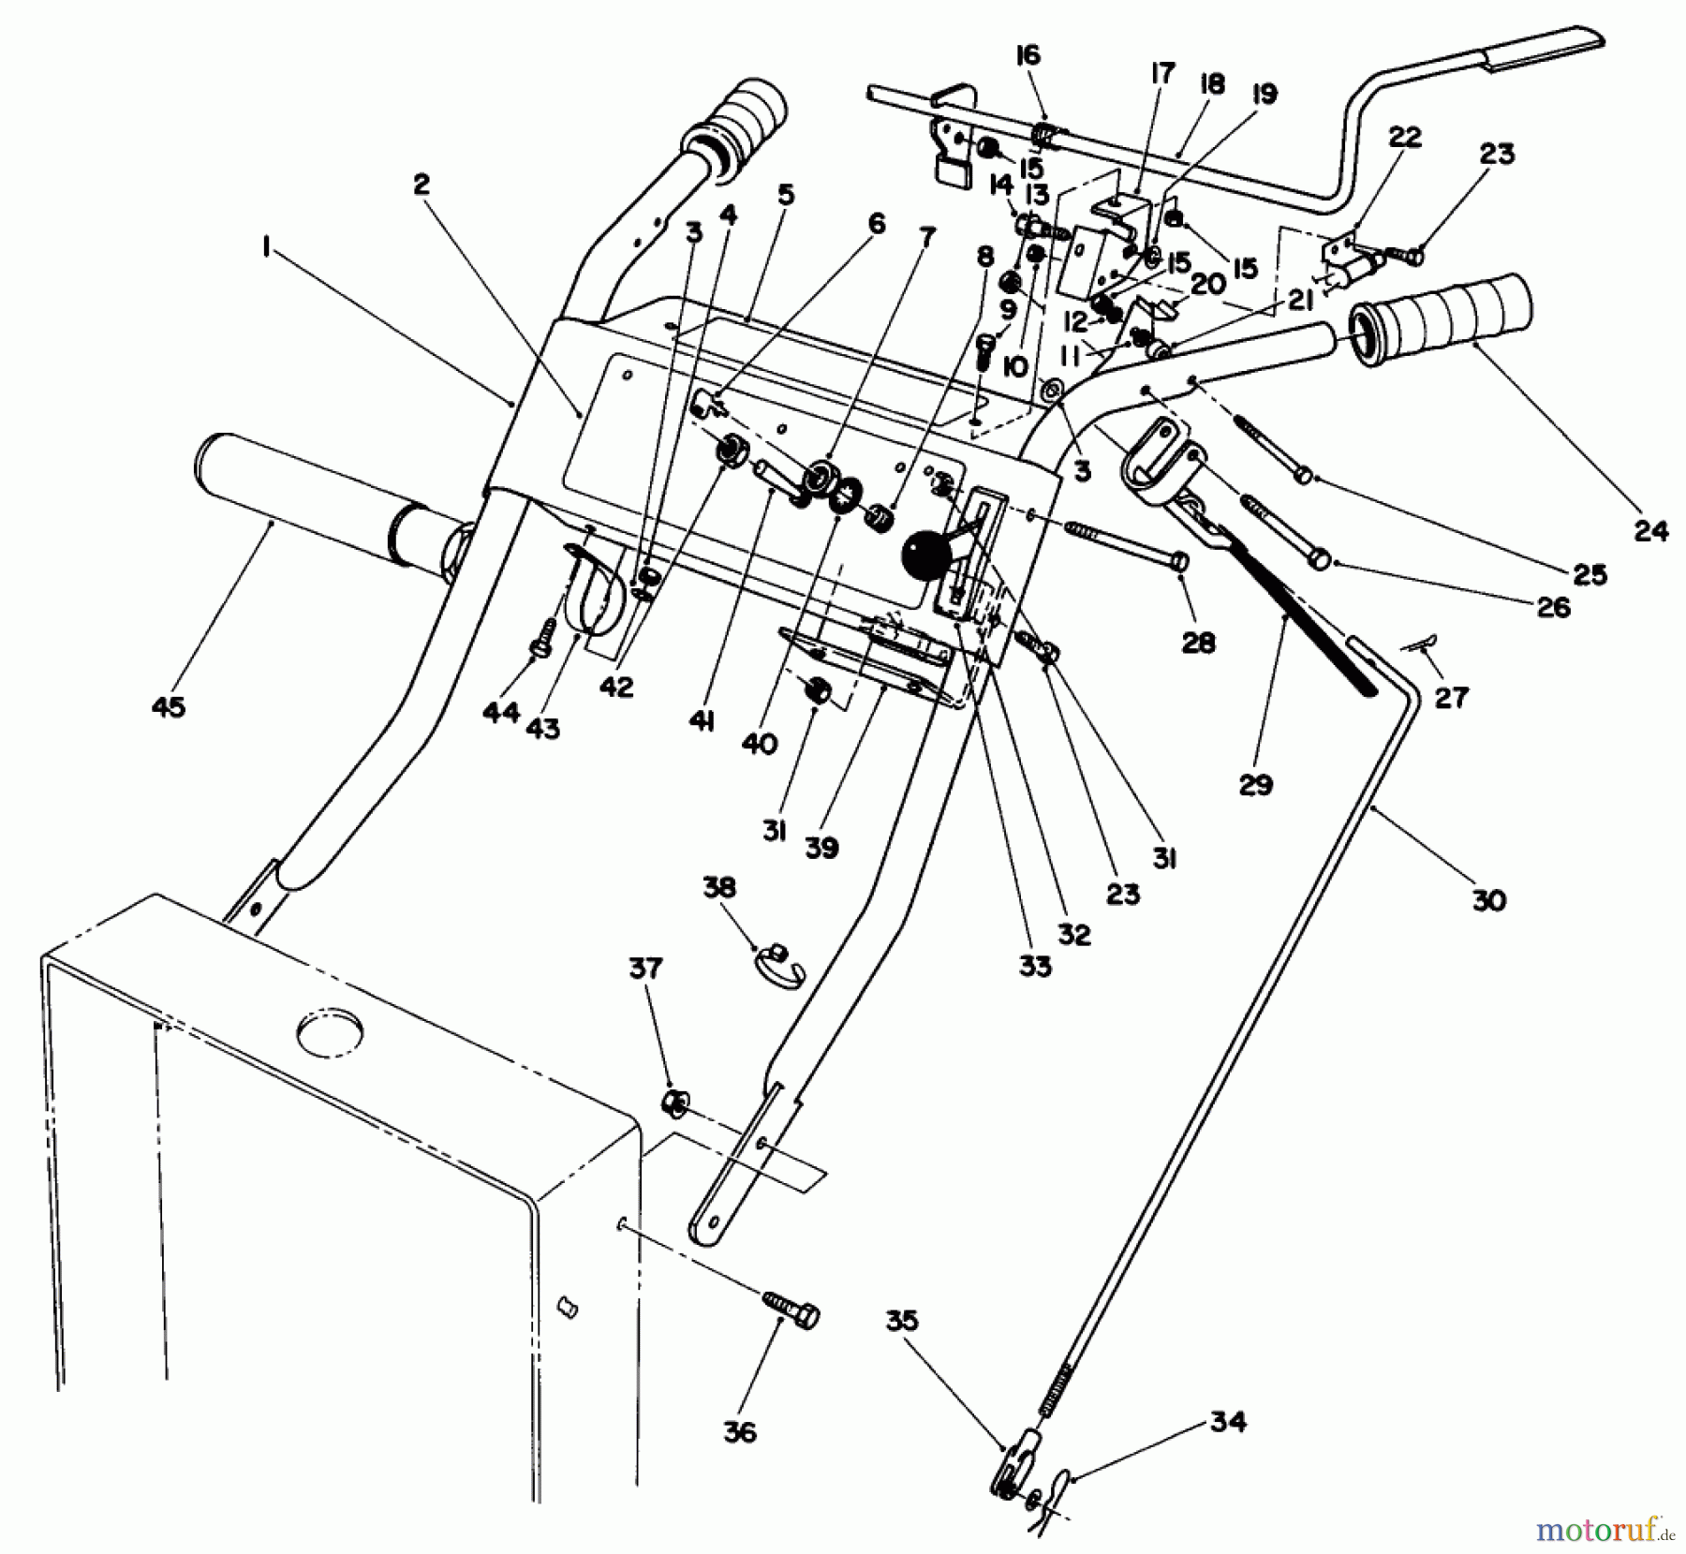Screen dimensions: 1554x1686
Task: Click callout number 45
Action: pos(168,707)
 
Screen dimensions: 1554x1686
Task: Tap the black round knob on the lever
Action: pos(925,556)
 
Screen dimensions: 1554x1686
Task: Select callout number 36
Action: pos(740,1432)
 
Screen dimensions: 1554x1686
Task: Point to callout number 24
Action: pos(1651,531)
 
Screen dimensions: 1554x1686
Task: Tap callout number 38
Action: pos(719,887)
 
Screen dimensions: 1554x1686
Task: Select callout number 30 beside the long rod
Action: pos(1489,900)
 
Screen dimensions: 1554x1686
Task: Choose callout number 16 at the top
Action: pos(1028,55)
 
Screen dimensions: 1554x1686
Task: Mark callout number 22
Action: pos(1404,137)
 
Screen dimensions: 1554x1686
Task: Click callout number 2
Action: pos(421,185)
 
